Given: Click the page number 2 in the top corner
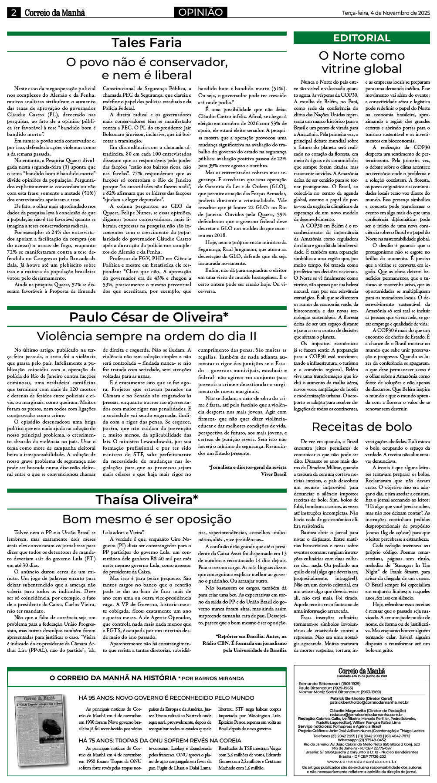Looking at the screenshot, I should point(14,13).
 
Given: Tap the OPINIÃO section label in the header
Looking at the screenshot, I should point(200,13).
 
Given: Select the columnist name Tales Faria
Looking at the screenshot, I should point(146,43).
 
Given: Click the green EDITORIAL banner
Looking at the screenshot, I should point(362,38).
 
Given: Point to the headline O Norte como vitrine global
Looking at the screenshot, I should point(362,62).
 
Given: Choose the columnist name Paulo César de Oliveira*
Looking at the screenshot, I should point(149,317).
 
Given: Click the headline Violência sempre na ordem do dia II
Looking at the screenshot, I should point(146,336).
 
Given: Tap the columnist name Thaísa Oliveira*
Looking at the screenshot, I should point(147,499).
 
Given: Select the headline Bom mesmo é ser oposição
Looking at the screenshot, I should point(146,519).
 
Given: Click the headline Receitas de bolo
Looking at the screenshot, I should point(362,427).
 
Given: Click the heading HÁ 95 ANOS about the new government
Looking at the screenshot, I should point(166,698).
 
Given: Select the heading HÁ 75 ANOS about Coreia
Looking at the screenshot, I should point(159,740).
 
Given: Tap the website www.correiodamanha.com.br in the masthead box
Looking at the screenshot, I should point(362,762).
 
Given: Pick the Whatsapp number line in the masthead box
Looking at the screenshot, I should point(362,740).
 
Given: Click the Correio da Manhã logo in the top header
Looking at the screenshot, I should point(54,13).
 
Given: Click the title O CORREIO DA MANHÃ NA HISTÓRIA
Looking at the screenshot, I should point(112,678).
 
